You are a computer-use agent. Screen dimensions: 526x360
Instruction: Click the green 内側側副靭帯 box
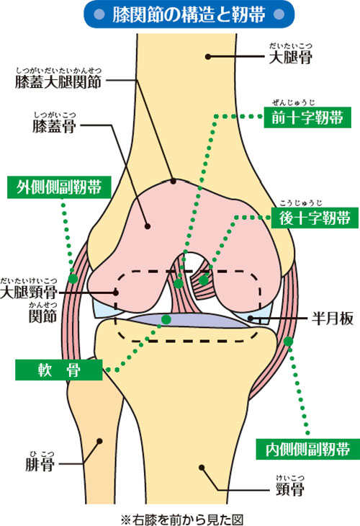[303, 450]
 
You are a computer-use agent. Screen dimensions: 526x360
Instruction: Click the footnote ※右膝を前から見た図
[180, 517]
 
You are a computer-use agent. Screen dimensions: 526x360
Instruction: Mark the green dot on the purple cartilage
[166, 318]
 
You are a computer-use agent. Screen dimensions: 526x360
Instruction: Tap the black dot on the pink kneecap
[147, 226]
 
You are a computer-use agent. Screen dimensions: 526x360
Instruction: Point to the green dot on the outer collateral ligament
[73, 277]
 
